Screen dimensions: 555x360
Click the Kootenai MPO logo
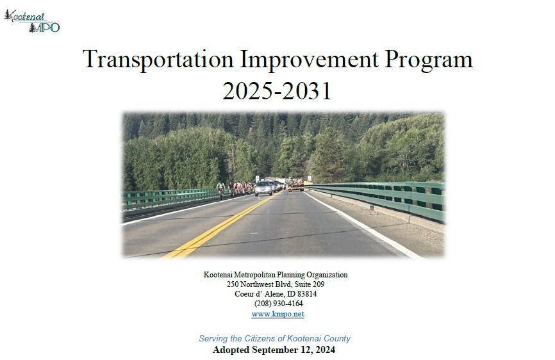32,21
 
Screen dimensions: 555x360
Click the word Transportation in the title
158,59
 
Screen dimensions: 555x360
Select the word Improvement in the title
310,59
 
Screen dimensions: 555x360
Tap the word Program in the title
429,59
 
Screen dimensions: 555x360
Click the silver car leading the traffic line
263,188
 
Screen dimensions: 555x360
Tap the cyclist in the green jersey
221,189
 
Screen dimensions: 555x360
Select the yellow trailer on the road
295,184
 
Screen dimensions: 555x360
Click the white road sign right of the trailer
310,179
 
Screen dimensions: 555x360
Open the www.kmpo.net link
278,314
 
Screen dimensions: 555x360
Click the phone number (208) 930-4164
279,304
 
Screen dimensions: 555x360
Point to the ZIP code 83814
307,294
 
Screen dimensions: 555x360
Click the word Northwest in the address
256,284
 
